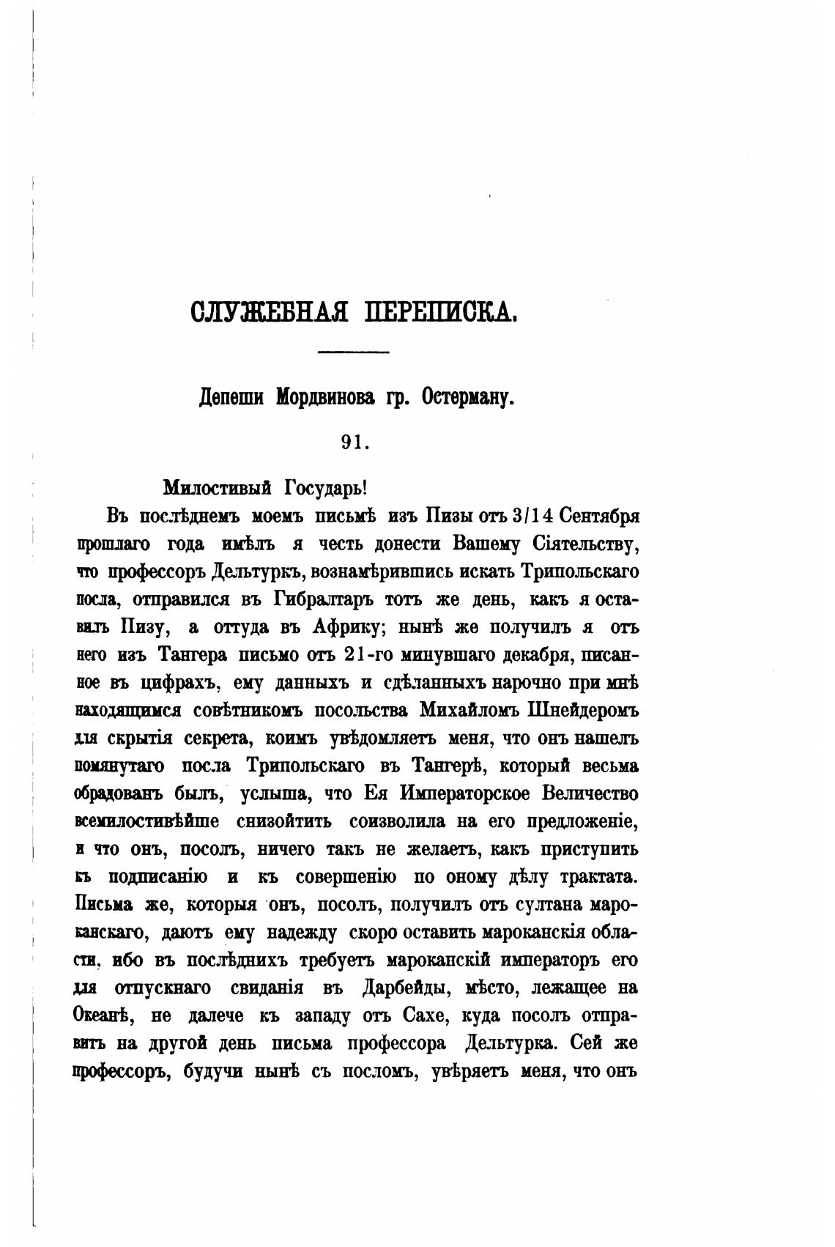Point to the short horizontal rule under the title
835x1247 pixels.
pos(353,353)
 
